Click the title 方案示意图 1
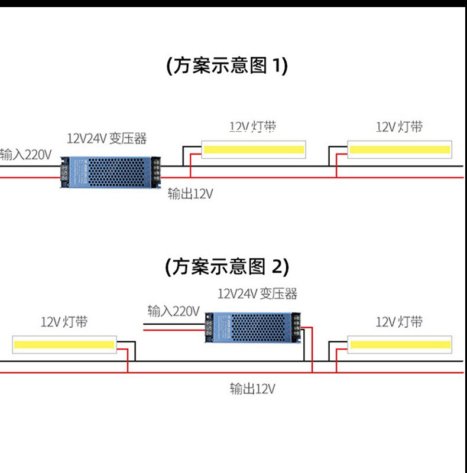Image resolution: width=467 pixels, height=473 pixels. (x=228, y=66)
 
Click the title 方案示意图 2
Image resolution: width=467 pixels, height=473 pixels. (x=228, y=267)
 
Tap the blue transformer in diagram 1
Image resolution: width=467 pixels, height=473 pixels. (x=111, y=172)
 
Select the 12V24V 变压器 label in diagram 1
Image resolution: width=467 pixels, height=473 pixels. (x=106, y=139)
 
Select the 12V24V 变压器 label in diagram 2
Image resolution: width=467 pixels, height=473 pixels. (x=257, y=293)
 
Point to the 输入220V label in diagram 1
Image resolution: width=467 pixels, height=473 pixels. (x=26, y=155)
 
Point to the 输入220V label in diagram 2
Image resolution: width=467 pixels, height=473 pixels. (x=174, y=311)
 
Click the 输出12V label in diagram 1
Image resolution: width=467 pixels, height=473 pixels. (x=190, y=194)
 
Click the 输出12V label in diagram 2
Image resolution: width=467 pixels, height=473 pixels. (x=252, y=389)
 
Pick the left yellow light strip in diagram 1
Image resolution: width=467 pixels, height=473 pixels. (x=254, y=150)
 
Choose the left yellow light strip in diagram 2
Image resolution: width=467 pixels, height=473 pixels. (x=64, y=344)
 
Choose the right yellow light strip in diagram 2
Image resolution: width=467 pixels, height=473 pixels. (x=399, y=344)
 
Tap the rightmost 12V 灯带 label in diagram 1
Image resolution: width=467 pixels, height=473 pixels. (x=399, y=127)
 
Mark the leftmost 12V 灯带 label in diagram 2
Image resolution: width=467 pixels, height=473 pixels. (x=64, y=322)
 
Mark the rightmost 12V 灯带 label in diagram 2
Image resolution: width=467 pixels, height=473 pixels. (x=399, y=322)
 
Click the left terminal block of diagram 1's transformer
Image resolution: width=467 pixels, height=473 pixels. (x=63, y=172)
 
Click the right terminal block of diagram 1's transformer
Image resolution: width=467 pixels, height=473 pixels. (x=157, y=172)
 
